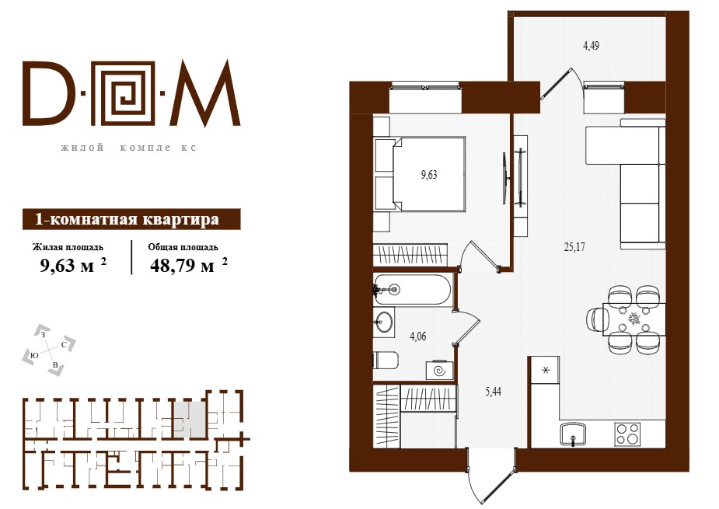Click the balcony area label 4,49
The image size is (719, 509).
pos(591,46)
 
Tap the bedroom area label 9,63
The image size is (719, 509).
pos(429,175)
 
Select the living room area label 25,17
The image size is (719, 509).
pos(574,247)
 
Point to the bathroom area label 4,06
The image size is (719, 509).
pos(417,336)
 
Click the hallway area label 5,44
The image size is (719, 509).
pos(493,392)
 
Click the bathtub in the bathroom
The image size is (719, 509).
pos(414,289)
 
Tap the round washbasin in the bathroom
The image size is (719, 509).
pos(383,322)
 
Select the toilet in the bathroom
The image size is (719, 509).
pos(386,361)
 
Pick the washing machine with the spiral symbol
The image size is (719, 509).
pos(439,370)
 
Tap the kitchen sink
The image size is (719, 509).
pos(573,434)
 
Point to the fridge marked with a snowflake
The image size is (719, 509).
pos(545,371)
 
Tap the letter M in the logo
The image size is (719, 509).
pos(206,93)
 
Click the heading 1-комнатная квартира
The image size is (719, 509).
pos(127,219)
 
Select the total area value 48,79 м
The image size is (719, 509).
pos(182,266)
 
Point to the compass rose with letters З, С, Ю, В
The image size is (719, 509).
pos(49,350)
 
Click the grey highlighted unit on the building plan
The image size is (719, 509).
pos(190,418)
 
